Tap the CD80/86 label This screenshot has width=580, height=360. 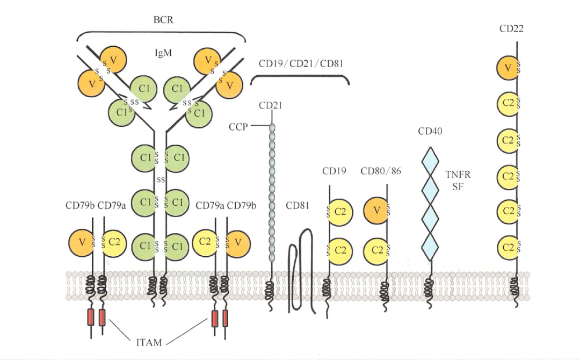pyautogui.click(x=381, y=171)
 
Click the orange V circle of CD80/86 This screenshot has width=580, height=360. pyautogui.click(x=376, y=211)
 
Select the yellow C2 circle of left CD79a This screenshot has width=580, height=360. pyautogui.click(x=113, y=242)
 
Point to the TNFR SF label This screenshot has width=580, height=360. pyautogui.click(x=456, y=180)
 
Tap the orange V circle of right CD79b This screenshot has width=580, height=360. pyautogui.click(x=238, y=242)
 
